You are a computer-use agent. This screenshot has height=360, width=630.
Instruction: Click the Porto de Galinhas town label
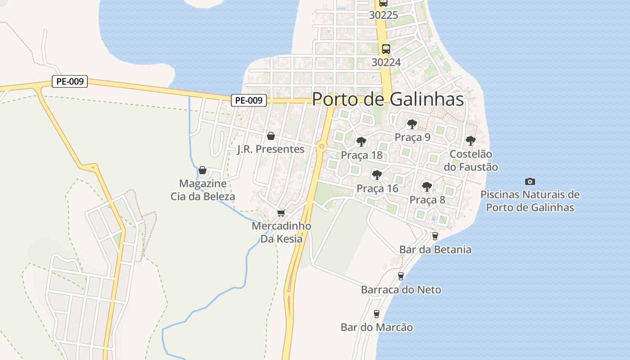(x=387, y=99)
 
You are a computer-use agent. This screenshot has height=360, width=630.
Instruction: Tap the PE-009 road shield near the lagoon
(x=249, y=100)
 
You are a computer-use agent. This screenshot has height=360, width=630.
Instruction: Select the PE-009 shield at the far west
(x=70, y=82)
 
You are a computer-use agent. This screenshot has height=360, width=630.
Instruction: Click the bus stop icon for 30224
(x=386, y=49)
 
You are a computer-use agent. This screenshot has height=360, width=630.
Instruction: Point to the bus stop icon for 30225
(x=383, y=3)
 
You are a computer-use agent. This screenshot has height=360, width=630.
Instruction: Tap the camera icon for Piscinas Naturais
(x=530, y=181)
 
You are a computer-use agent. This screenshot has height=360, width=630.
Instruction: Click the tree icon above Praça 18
(x=361, y=142)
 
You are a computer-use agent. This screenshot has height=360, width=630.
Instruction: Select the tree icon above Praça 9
(x=412, y=124)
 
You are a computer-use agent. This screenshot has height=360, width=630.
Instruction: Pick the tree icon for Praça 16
(x=377, y=175)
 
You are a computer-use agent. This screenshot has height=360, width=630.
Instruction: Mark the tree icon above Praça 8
(x=427, y=186)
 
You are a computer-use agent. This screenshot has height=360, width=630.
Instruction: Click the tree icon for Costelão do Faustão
(x=470, y=141)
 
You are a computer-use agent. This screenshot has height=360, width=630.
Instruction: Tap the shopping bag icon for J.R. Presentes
(x=271, y=135)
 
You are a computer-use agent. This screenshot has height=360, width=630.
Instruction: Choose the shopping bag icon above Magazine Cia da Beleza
(x=202, y=170)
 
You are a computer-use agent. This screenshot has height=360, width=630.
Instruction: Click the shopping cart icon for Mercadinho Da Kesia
(x=281, y=213)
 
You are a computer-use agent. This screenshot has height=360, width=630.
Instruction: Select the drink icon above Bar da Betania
(x=435, y=236)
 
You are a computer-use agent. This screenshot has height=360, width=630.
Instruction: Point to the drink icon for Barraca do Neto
(x=400, y=276)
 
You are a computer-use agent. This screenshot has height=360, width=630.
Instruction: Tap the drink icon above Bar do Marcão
(x=377, y=314)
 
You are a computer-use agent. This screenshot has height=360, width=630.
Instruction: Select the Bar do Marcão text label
(x=377, y=327)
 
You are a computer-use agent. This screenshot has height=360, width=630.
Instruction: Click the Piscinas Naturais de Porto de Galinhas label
(x=530, y=201)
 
